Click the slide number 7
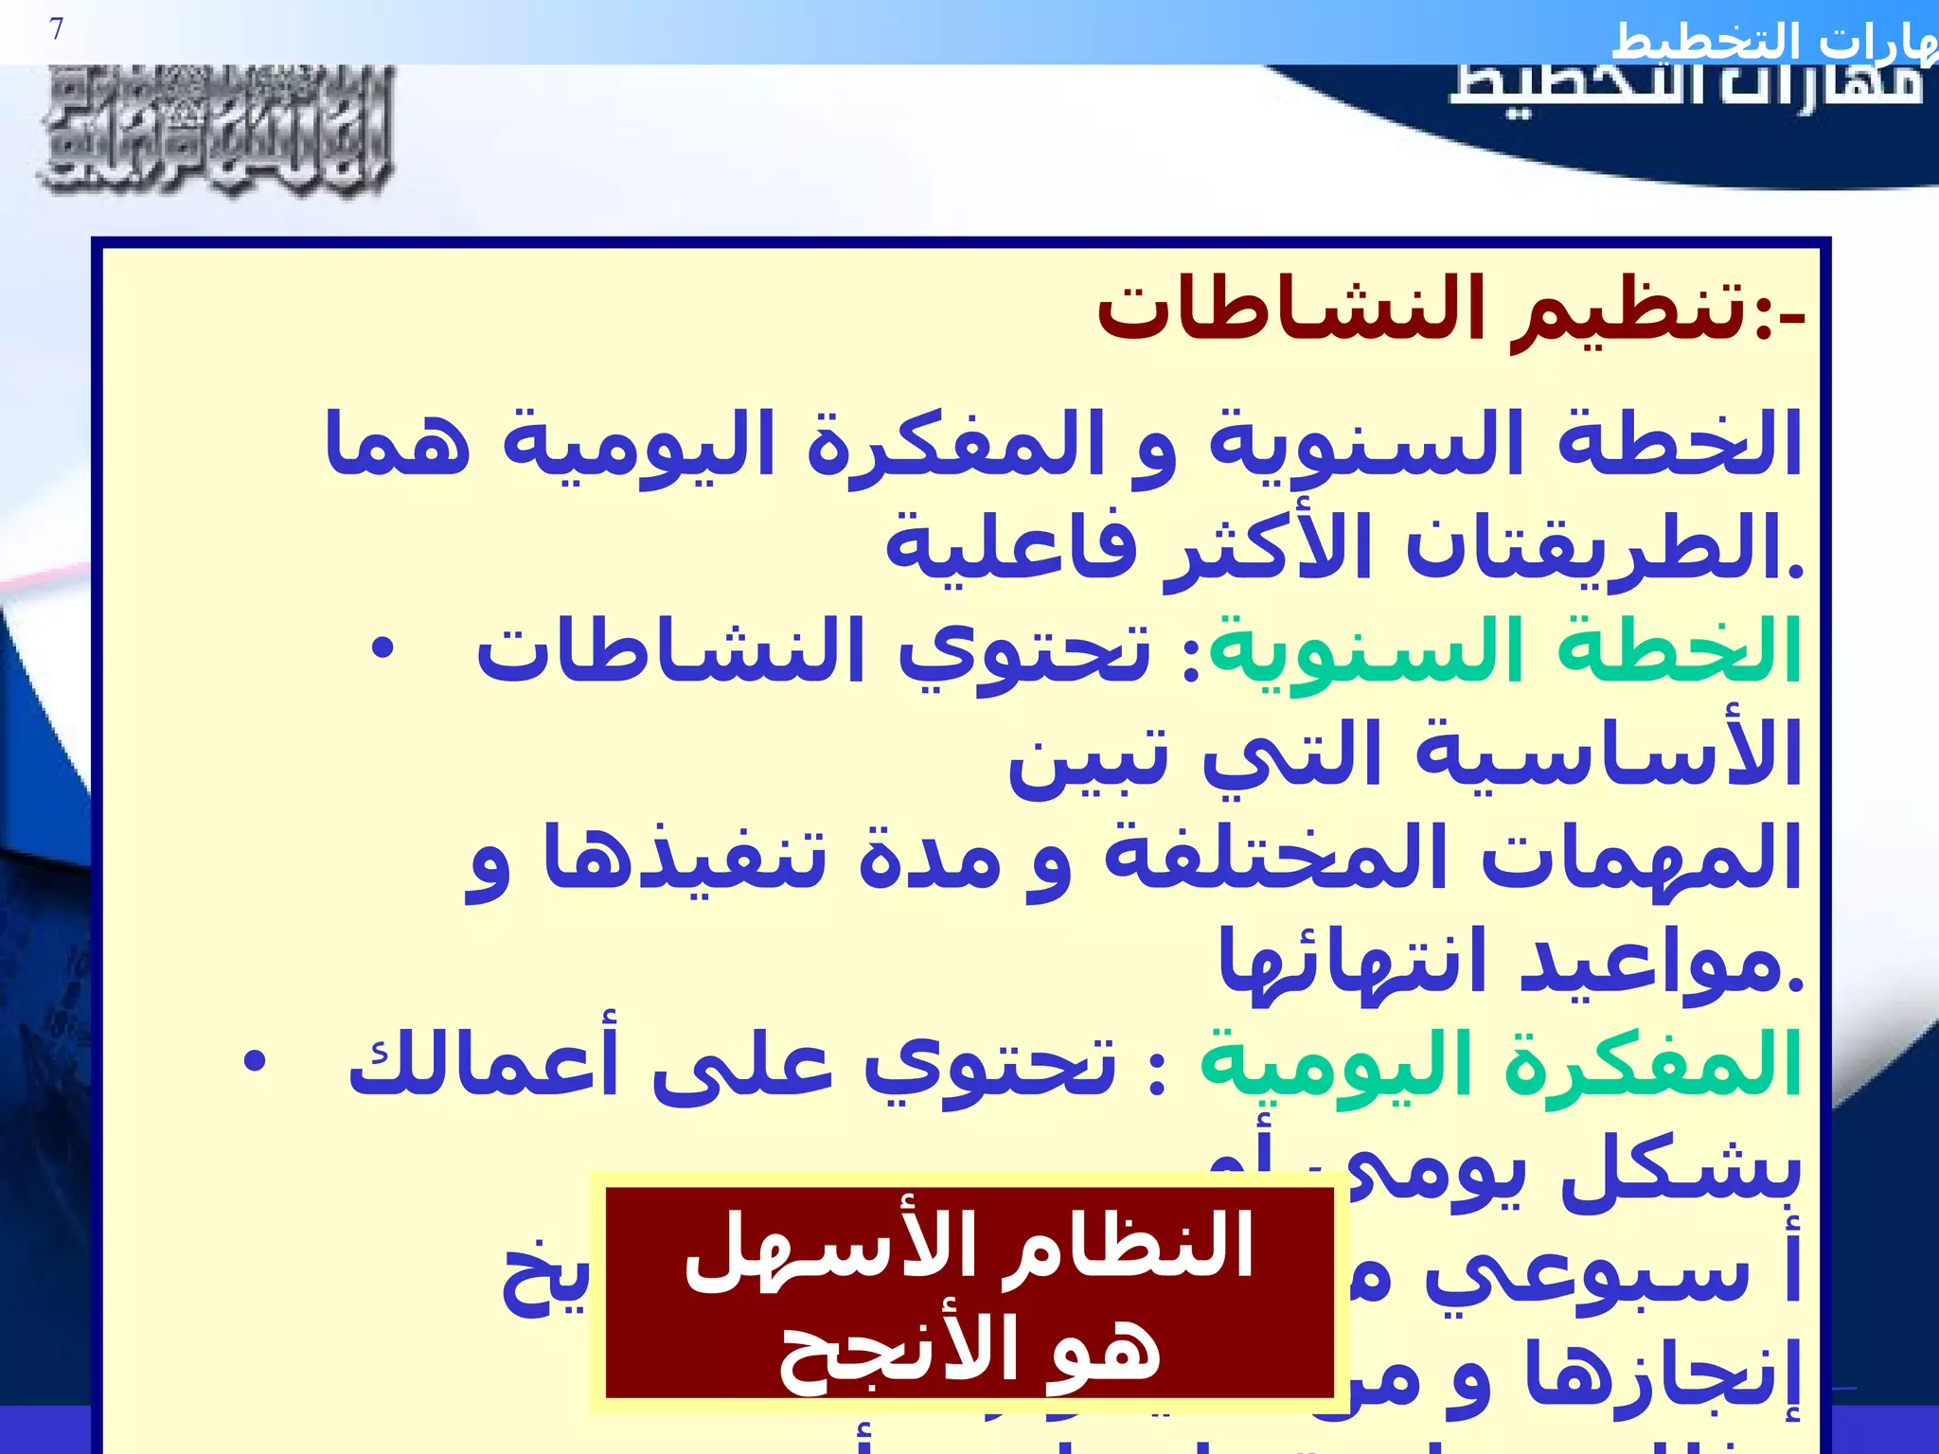pyautogui.click(x=57, y=30)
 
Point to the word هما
pyautogui.click(x=397, y=443)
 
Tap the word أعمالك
pyautogui.click(x=483, y=1065)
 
